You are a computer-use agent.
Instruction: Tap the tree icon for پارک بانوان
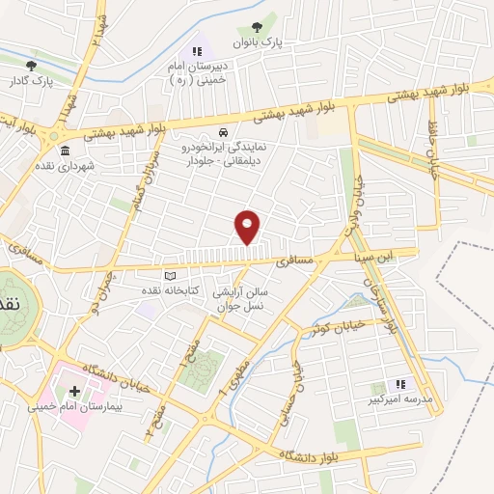pyautogui.click(x=256, y=28)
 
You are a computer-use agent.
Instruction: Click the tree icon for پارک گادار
pyautogui.click(x=32, y=66)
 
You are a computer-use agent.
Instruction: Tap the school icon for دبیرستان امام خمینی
pyautogui.click(x=197, y=51)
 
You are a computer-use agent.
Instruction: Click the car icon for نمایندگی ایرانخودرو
pyautogui.click(x=223, y=132)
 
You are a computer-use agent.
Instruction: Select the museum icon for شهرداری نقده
pyautogui.click(x=65, y=151)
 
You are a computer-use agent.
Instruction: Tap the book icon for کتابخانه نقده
pyautogui.click(x=171, y=275)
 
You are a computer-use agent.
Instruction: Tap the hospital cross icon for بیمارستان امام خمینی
pyautogui.click(x=75, y=392)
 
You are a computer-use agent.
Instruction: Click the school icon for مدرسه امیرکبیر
pyautogui.click(x=400, y=383)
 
